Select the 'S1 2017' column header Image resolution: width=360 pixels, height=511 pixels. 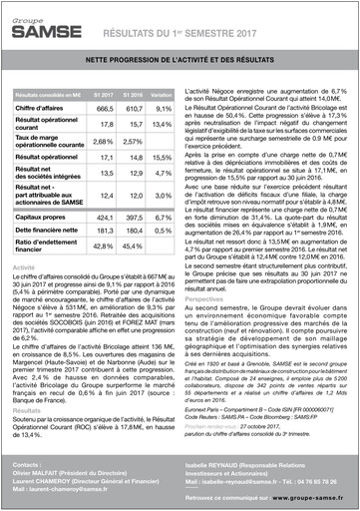pos(104,93)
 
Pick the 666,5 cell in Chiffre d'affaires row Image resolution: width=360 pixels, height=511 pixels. pos(104,106)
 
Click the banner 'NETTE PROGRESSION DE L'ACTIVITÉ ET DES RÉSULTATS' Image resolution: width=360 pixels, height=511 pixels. pos(179,62)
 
